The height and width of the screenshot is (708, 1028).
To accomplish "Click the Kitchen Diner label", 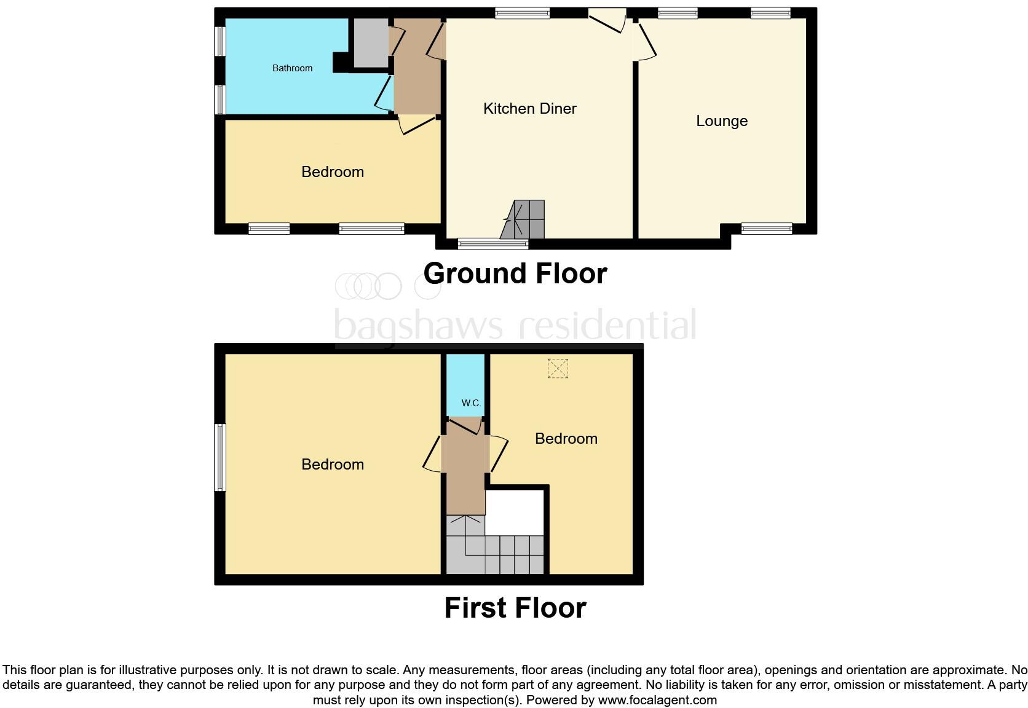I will coord(529,109).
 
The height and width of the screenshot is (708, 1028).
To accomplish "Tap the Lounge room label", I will coord(721,121).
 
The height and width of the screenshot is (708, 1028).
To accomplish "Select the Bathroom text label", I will coord(292,68).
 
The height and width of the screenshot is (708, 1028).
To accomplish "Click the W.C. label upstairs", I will coord(471,403).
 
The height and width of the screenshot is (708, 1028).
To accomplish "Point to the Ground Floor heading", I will coord(515,273).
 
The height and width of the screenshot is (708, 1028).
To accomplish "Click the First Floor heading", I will coord(515,608).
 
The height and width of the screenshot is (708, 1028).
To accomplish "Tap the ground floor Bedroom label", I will coord(332,171).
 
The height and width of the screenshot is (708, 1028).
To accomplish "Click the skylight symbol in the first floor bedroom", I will coord(557,369).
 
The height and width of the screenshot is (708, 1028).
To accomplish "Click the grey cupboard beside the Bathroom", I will coord(368,42).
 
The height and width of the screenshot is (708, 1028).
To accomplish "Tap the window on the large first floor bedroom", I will coord(219,457).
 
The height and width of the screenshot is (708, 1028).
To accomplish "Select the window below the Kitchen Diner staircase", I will coord(493,245).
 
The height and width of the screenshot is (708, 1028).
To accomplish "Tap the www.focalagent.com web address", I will coord(657,699).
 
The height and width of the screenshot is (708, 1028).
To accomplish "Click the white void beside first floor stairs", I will coord(515,512).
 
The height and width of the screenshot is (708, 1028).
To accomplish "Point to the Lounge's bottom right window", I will coord(767,229).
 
